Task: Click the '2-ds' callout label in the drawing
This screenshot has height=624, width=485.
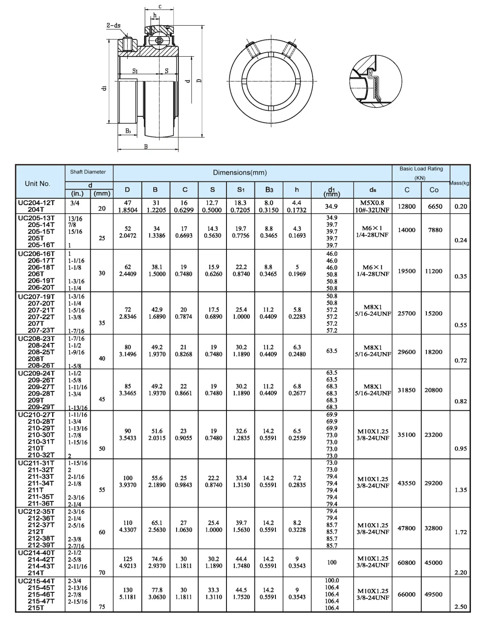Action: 113,25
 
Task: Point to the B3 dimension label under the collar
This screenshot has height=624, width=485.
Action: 128,131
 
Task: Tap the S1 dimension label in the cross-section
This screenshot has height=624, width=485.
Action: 135,71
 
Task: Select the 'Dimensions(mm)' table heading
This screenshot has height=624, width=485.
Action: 240,173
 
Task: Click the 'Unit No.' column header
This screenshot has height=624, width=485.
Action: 38,184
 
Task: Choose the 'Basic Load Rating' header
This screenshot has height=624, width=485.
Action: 421,169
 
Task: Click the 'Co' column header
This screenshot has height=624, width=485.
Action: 434,190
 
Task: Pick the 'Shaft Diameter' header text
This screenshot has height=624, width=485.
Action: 88,172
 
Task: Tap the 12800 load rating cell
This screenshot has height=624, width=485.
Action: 406,206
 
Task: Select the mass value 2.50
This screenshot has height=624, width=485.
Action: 461,607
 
